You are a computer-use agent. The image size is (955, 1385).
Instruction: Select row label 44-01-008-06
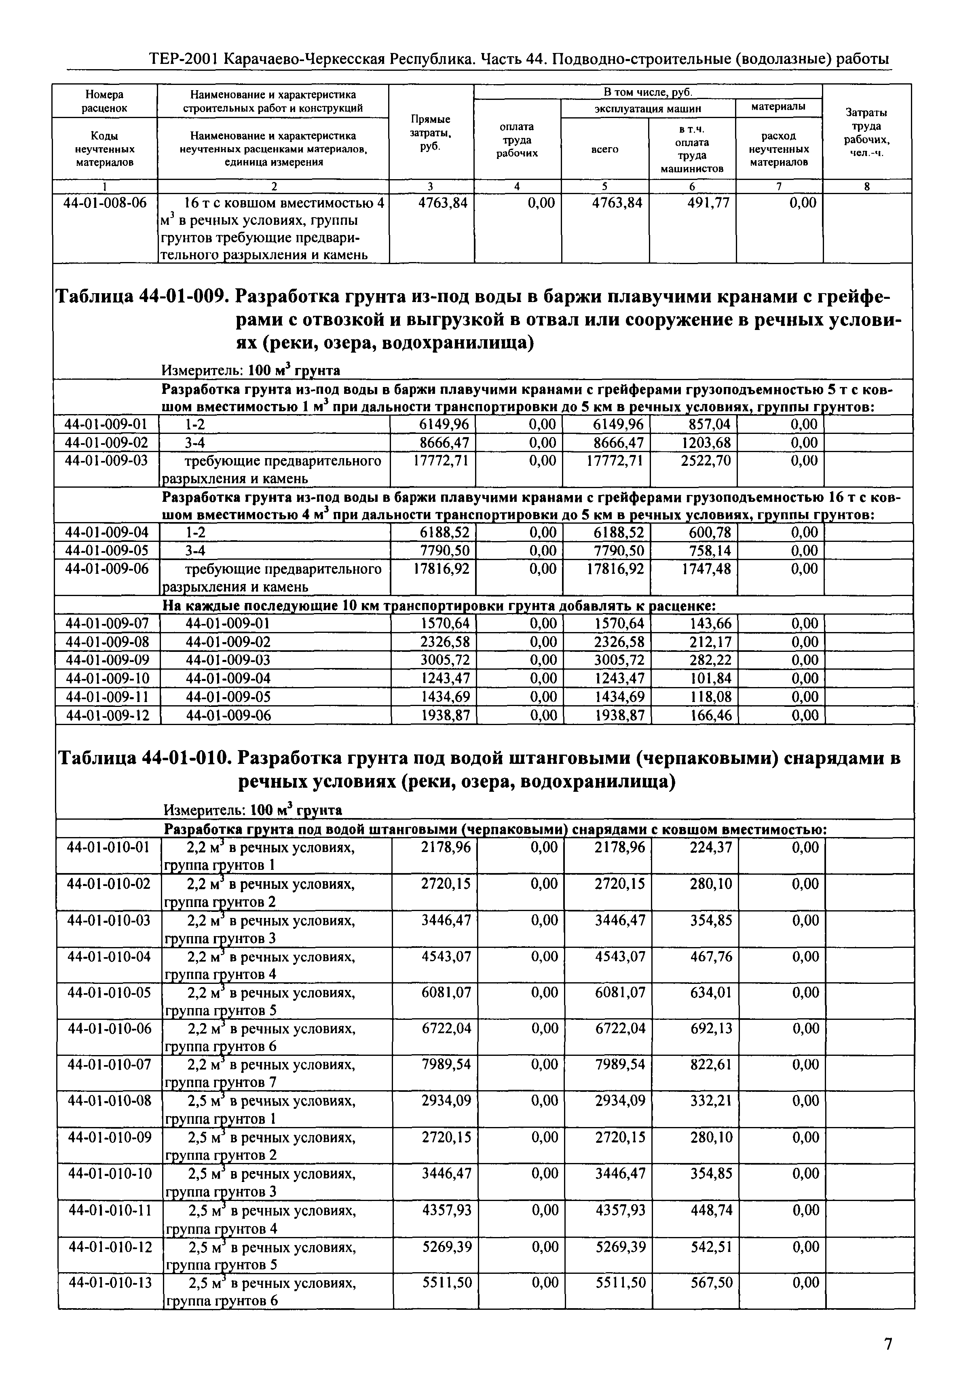(x=105, y=203)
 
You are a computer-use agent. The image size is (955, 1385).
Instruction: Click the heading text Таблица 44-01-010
(x=144, y=759)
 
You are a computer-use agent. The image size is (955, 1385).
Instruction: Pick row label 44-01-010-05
(x=109, y=992)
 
